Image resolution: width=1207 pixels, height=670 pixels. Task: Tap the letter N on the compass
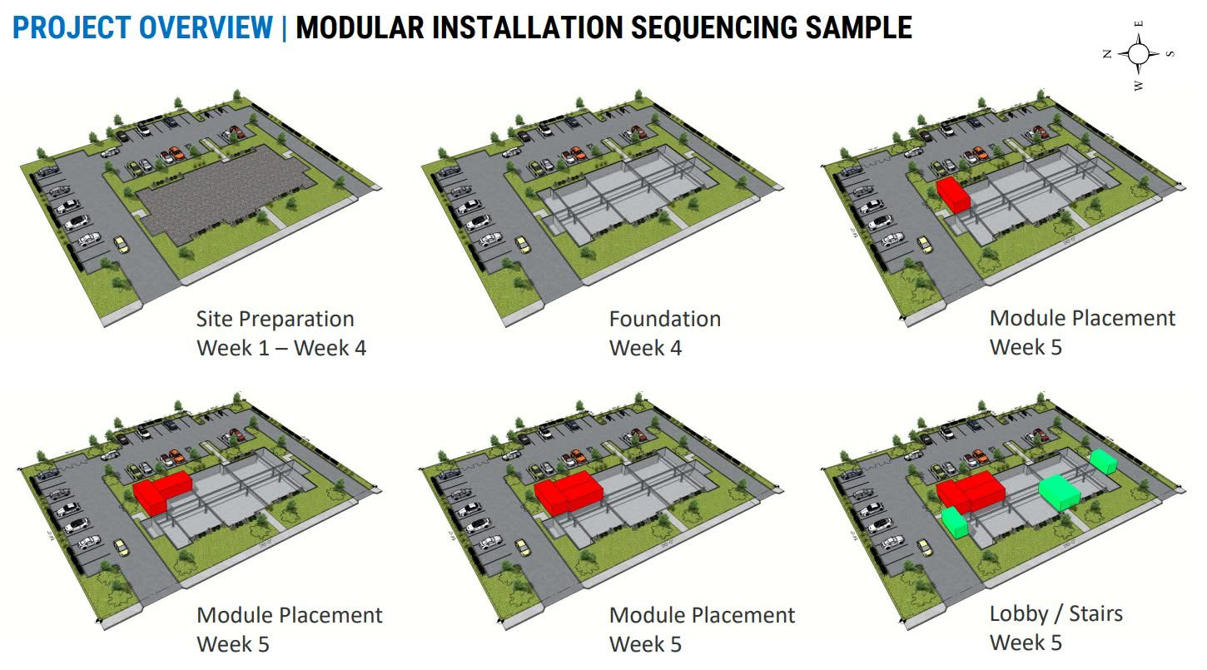tap(1107, 54)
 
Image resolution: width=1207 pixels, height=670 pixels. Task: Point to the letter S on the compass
tap(1170, 54)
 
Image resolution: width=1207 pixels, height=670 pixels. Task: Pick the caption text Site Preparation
tap(275, 319)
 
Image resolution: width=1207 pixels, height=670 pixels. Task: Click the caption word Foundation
tap(664, 319)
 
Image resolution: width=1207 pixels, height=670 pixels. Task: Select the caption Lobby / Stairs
tap(1056, 614)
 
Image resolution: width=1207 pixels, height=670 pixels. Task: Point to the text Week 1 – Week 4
tap(281, 348)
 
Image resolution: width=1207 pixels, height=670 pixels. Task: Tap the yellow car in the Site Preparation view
tap(122, 244)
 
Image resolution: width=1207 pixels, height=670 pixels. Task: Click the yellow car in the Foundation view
tap(523, 244)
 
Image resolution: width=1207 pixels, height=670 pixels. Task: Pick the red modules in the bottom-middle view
tap(567, 490)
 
